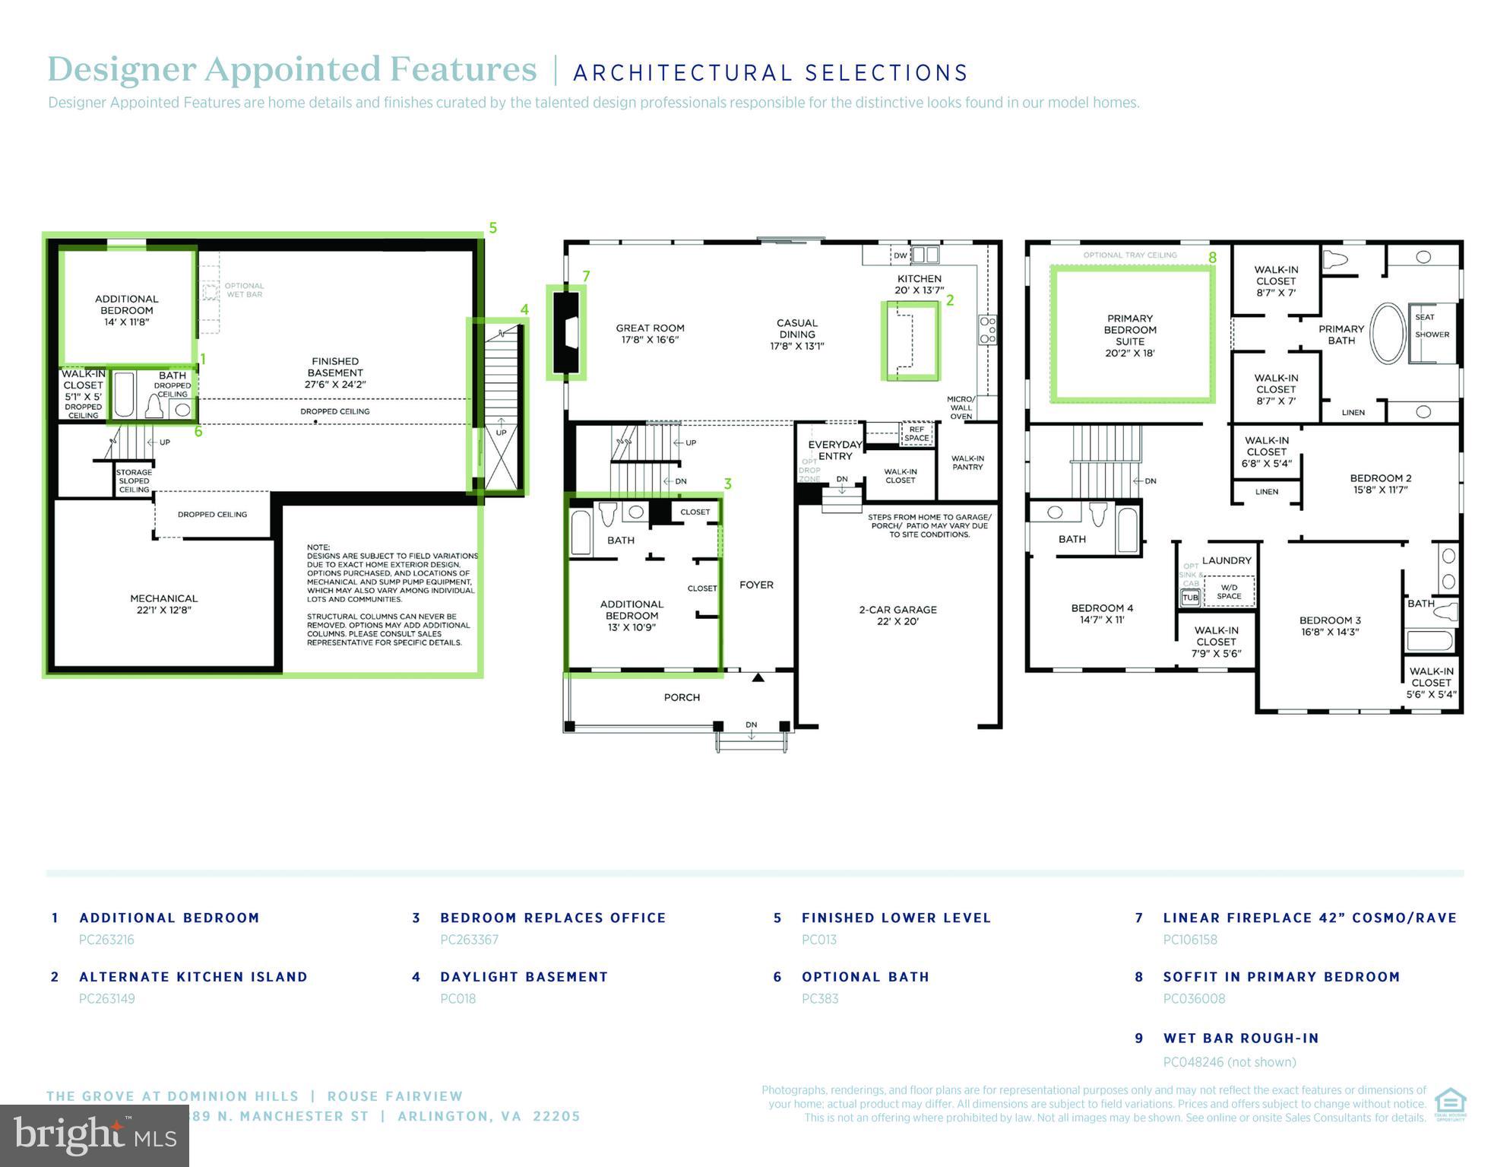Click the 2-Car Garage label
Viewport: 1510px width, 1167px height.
click(x=897, y=615)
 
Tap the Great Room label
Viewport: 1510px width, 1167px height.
click(x=650, y=334)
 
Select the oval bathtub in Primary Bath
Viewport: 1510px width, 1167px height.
click(x=1388, y=334)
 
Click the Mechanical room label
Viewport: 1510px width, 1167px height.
click(x=163, y=604)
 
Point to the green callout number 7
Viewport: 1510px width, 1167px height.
click(x=586, y=276)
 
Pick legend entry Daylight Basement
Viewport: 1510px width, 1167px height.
click(x=524, y=977)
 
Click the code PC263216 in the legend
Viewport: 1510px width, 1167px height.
click(x=106, y=940)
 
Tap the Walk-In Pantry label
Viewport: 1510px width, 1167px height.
click(x=967, y=462)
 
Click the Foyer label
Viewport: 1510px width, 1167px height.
click(x=756, y=585)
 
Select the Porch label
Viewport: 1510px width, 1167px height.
click(x=682, y=697)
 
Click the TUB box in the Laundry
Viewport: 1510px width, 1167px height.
click(x=1190, y=598)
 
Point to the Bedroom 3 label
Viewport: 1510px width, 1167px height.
click(x=1329, y=626)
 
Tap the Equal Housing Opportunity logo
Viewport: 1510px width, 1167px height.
click(x=1450, y=1104)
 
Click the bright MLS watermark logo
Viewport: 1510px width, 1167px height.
click(x=94, y=1135)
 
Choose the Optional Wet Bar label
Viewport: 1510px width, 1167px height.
click(x=244, y=290)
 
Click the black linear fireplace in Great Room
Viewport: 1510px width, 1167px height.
click(x=566, y=331)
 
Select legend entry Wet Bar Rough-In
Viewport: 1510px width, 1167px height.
click(x=1240, y=1039)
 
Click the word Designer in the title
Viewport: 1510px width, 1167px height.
click(x=122, y=69)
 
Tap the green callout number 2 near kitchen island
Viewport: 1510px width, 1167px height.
click(x=949, y=300)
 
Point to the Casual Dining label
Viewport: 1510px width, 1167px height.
click(x=796, y=334)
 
